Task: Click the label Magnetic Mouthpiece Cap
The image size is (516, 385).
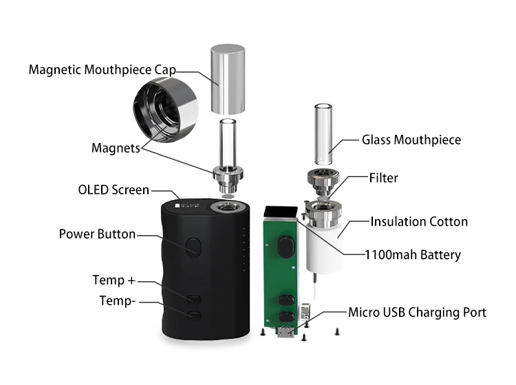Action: click(102, 70)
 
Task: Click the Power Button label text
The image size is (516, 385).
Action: click(97, 234)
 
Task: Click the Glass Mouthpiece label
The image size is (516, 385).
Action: click(411, 140)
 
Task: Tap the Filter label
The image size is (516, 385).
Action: click(383, 178)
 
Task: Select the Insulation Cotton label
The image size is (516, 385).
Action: click(419, 221)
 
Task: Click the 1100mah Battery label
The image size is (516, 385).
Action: click(412, 255)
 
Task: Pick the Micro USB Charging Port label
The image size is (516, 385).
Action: click(417, 312)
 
